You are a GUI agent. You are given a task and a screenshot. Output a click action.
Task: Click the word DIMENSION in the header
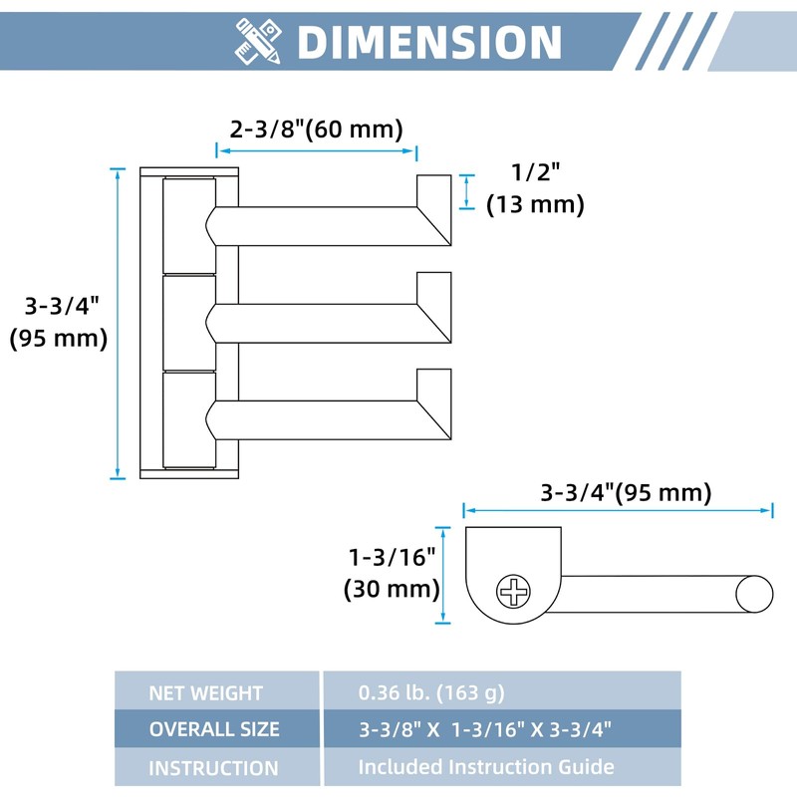click(429, 42)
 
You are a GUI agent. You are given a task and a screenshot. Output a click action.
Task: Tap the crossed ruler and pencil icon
click(258, 41)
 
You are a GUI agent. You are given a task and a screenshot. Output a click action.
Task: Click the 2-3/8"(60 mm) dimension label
click(316, 129)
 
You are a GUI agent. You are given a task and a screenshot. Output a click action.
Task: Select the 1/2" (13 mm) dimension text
click(535, 189)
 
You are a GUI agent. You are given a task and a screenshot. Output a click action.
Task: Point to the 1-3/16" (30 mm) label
click(392, 574)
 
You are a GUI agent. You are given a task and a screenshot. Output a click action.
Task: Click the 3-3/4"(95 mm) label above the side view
click(626, 492)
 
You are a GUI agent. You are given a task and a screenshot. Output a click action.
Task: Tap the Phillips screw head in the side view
click(513, 591)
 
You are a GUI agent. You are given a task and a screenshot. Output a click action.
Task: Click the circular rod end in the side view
click(755, 594)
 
